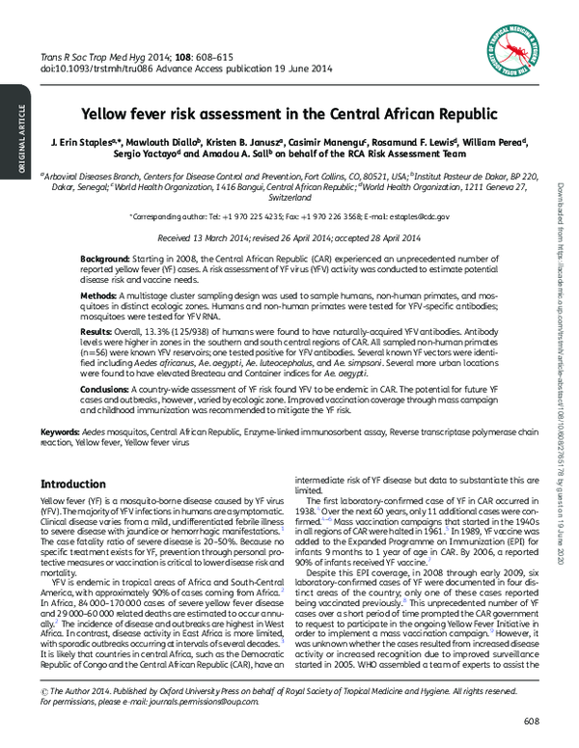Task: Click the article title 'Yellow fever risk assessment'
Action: tap(289, 113)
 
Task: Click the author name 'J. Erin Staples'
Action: tap(85, 142)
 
